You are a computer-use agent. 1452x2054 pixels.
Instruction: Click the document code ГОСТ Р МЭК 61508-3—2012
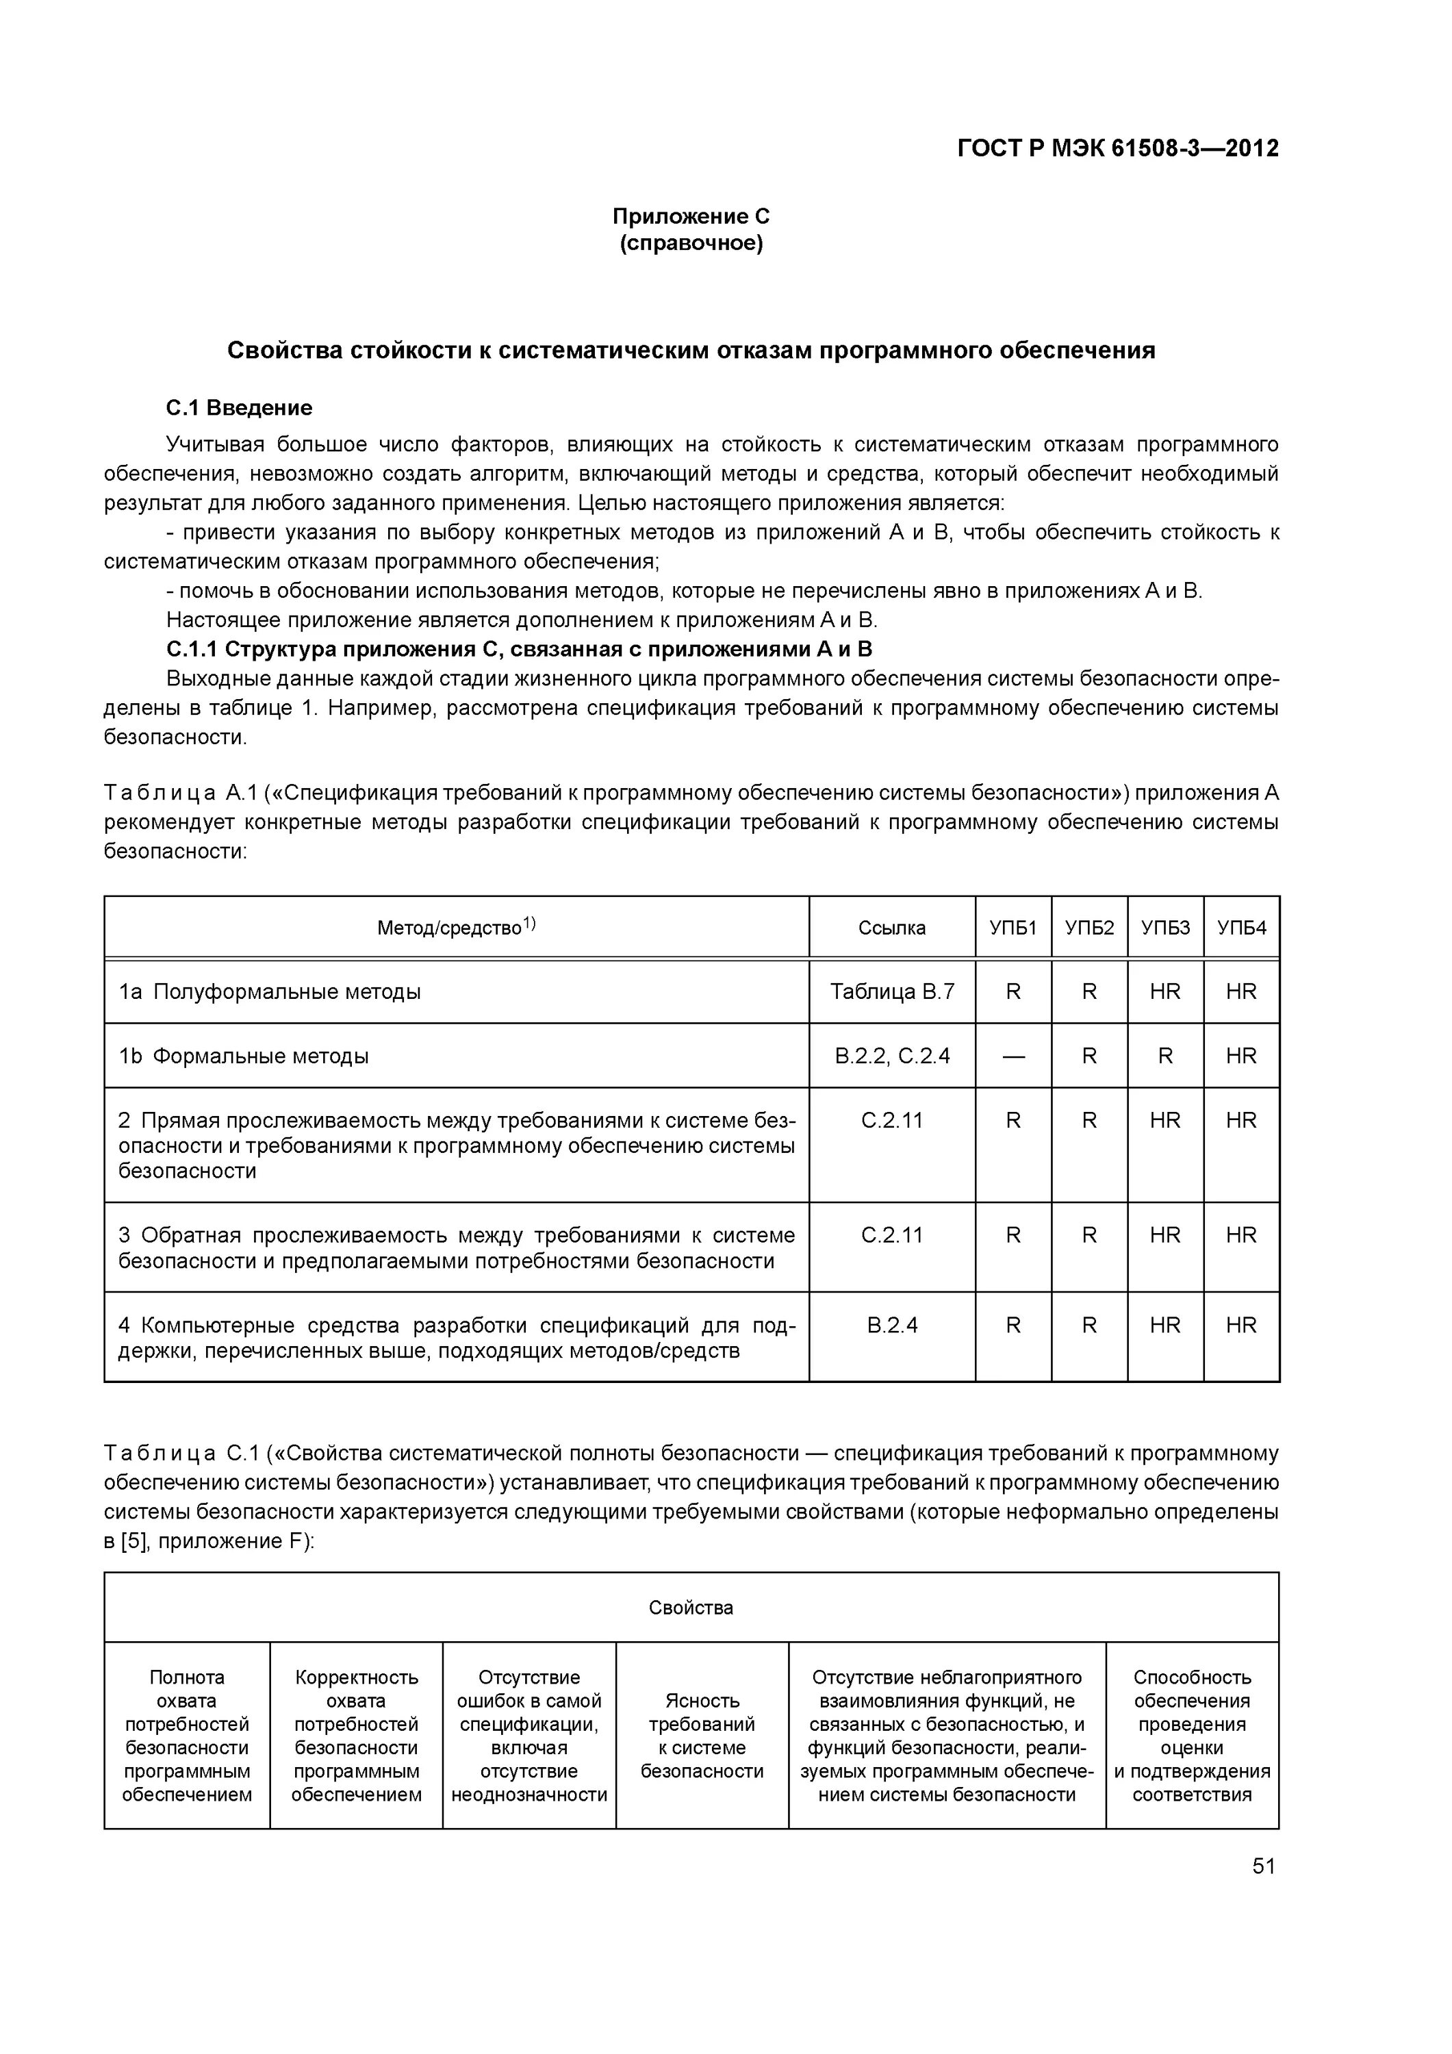[x=1117, y=148]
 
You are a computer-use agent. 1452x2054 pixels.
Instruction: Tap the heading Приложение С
[x=690, y=216]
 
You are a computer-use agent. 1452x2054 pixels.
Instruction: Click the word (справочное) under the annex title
[x=690, y=243]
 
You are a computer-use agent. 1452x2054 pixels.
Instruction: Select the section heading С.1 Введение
[x=239, y=408]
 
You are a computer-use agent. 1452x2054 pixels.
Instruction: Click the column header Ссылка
[x=891, y=928]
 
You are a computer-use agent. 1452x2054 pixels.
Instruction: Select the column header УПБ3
[x=1165, y=928]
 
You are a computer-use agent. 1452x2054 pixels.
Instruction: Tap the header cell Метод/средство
[x=455, y=928]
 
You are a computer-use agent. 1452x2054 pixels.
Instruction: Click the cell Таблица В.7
[x=891, y=991]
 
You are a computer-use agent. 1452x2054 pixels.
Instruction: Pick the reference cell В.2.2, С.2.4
[x=891, y=1056]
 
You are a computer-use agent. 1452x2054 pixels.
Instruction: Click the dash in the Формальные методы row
[x=1012, y=1056]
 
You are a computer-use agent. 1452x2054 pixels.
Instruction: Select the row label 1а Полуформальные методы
[x=270, y=991]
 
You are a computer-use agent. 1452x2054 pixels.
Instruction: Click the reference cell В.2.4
[x=891, y=1325]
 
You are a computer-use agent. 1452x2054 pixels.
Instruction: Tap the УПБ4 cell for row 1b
[x=1241, y=1056]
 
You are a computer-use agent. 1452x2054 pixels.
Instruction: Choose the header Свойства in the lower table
[x=690, y=1608]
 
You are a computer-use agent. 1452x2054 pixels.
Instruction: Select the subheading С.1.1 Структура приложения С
[x=519, y=648]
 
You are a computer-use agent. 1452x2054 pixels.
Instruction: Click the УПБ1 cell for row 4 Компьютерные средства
[x=1012, y=1325]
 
